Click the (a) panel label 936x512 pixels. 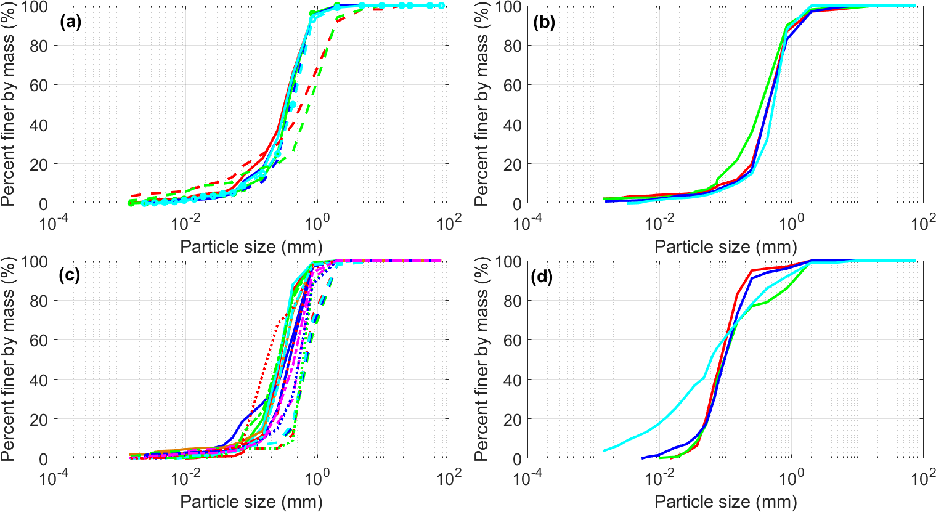(71, 23)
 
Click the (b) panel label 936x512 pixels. (544, 23)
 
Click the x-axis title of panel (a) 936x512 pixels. (251, 247)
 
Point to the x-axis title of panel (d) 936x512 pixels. (725, 502)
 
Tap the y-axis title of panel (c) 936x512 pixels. (8, 360)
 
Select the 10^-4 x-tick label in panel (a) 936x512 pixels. (54, 222)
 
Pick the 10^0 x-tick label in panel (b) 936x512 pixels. (791, 222)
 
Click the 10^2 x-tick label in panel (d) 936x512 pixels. (922, 477)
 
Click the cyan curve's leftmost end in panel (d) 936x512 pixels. (604, 451)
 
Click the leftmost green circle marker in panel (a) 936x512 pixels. (131, 203)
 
